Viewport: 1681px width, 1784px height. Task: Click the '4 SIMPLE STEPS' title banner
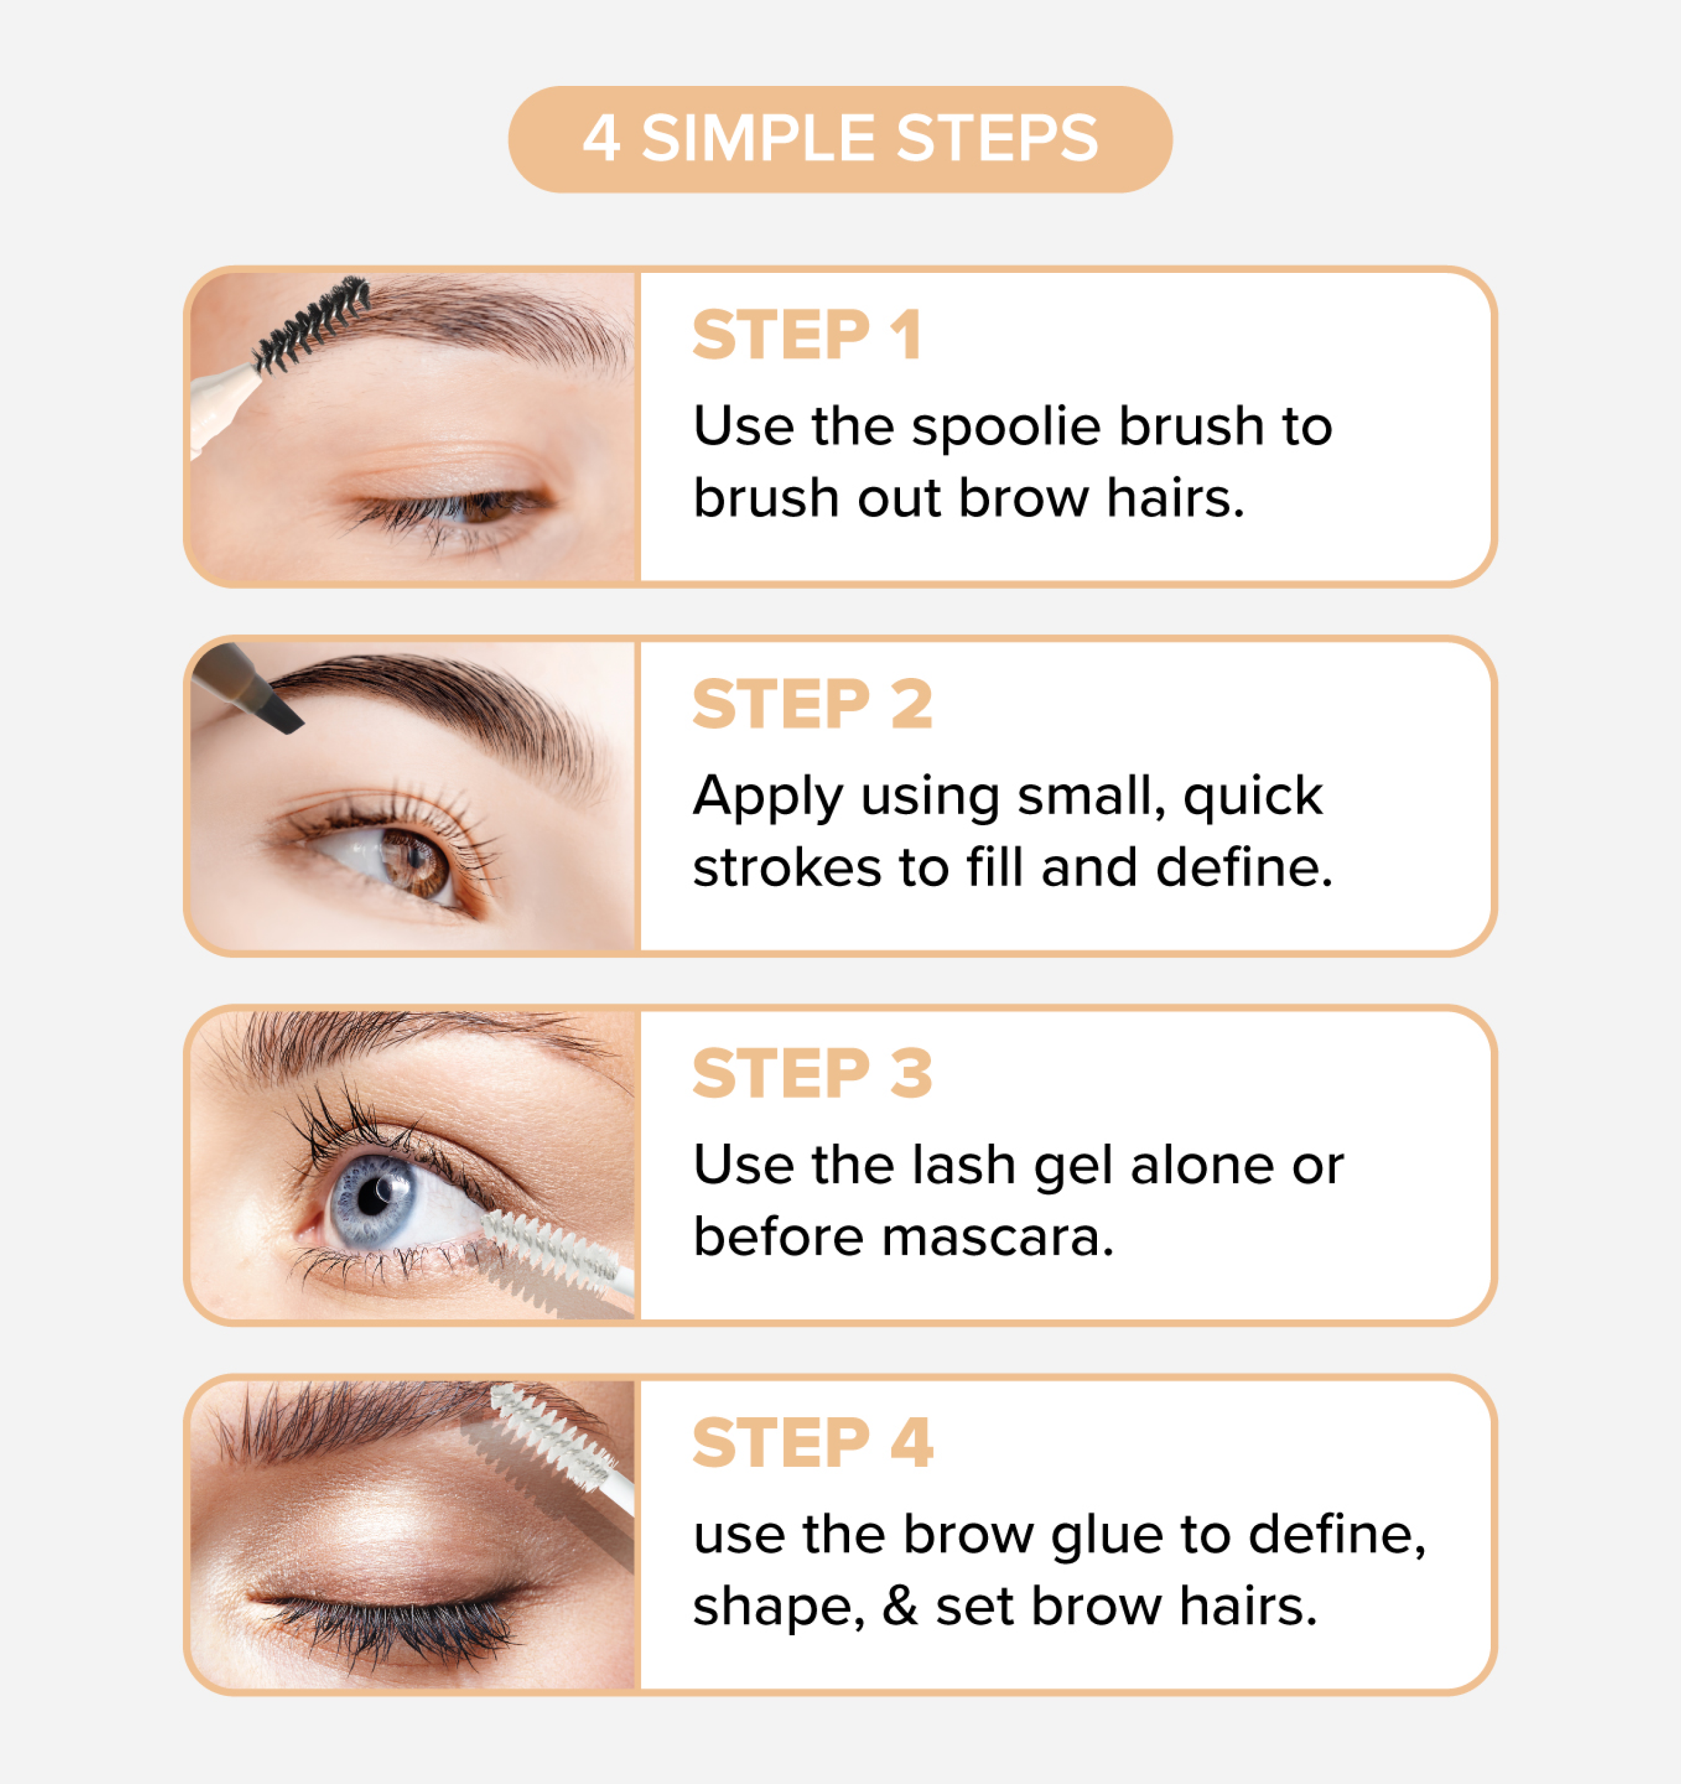[x=840, y=139]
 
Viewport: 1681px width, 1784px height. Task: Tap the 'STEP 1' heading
[x=807, y=336]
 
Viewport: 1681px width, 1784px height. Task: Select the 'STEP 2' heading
[x=812, y=704]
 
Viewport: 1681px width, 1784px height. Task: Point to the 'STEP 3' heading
[x=812, y=1073]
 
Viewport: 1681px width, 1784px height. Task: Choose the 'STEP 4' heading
[x=812, y=1443]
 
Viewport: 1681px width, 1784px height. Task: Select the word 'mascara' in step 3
[x=997, y=1238]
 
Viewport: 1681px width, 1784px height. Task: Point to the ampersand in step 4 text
[x=900, y=1607]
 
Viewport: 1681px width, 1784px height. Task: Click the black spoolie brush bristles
[x=311, y=324]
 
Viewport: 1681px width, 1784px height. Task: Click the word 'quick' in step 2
[x=1253, y=797]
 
